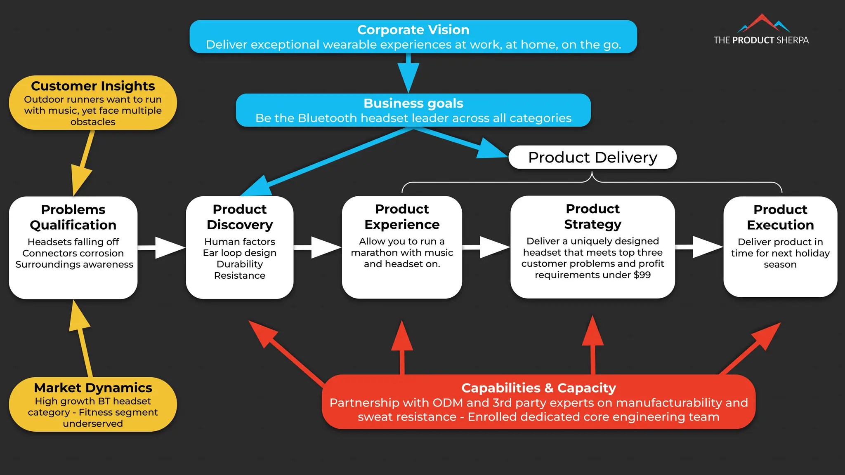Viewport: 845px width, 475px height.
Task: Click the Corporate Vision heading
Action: tap(413, 30)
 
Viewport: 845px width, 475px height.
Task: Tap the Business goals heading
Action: tap(413, 103)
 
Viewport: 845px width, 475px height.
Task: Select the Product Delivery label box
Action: tap(592, 158)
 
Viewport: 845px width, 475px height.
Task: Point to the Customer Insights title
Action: tap(93, 86)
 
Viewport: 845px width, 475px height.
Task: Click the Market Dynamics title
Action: tap(93, 388)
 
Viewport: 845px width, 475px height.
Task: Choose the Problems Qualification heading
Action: tap(73, 217)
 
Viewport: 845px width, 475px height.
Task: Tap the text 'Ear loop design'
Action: tap(239, 253)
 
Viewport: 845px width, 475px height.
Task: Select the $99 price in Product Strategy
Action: tap(642, 275)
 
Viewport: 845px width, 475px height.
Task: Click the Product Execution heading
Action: tap(780, 217)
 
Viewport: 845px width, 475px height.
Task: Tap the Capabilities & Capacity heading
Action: tap(538, 388)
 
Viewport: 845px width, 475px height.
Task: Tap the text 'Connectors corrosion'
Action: tap(73, 253)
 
